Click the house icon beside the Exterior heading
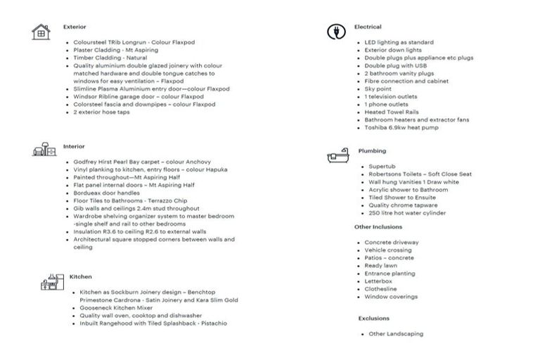41,32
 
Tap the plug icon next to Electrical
336,32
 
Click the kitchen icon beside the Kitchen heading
48,281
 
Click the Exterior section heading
75,27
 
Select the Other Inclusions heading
378,227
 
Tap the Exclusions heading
373,319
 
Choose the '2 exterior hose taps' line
101,112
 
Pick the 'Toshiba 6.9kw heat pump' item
401,127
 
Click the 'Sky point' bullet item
378,89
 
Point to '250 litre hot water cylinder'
407,213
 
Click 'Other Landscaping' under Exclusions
396,334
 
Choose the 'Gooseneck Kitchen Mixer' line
116,308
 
